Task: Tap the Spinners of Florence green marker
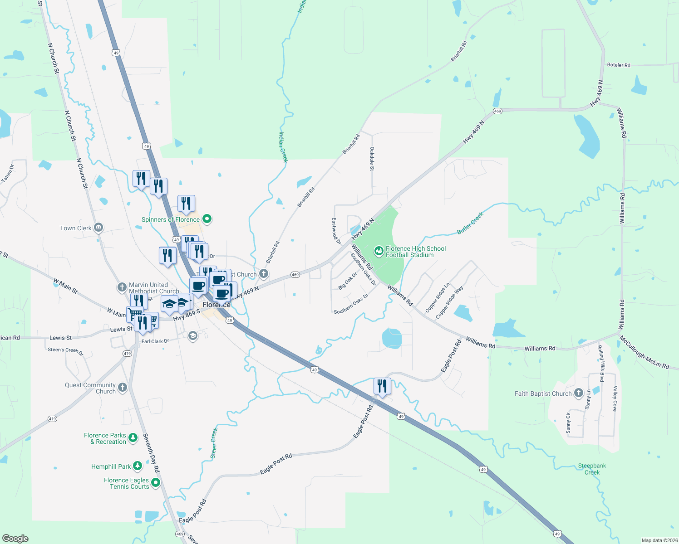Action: click(x=207, y=219)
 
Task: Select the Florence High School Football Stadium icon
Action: click(x=379, y=250)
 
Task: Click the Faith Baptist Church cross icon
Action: click(x=578, y=393)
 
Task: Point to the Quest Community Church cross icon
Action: click(x=122, y=387)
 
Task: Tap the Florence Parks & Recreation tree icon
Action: click(x=133, y=438)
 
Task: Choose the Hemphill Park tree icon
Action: click(x=137, y=466)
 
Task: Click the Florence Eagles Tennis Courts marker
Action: click(x=156, y=483)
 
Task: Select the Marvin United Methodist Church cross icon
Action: click(x=122, y=287)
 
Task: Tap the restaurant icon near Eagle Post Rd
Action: click(x=382, y=386)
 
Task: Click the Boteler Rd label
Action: click(x=619, y=65)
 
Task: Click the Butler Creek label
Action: click(x=470, y=223)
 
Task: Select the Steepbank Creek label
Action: click(x=592, y=469)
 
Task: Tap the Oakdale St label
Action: click(x=372, y=158)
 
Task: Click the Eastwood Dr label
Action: click(x=336, y=231)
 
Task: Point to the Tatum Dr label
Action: click(x=8, y=174)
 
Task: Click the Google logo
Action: click(x=15, y=539)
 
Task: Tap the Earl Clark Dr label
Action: click(x=155, y=341)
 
